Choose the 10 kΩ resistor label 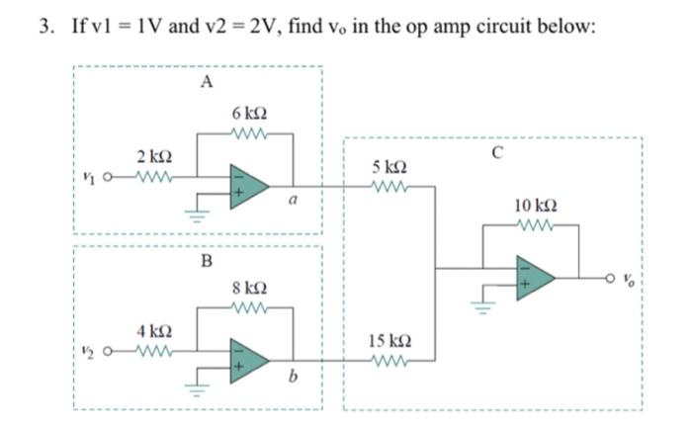(533, 206)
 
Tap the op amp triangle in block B (247, 358)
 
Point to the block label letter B (206, 261)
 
